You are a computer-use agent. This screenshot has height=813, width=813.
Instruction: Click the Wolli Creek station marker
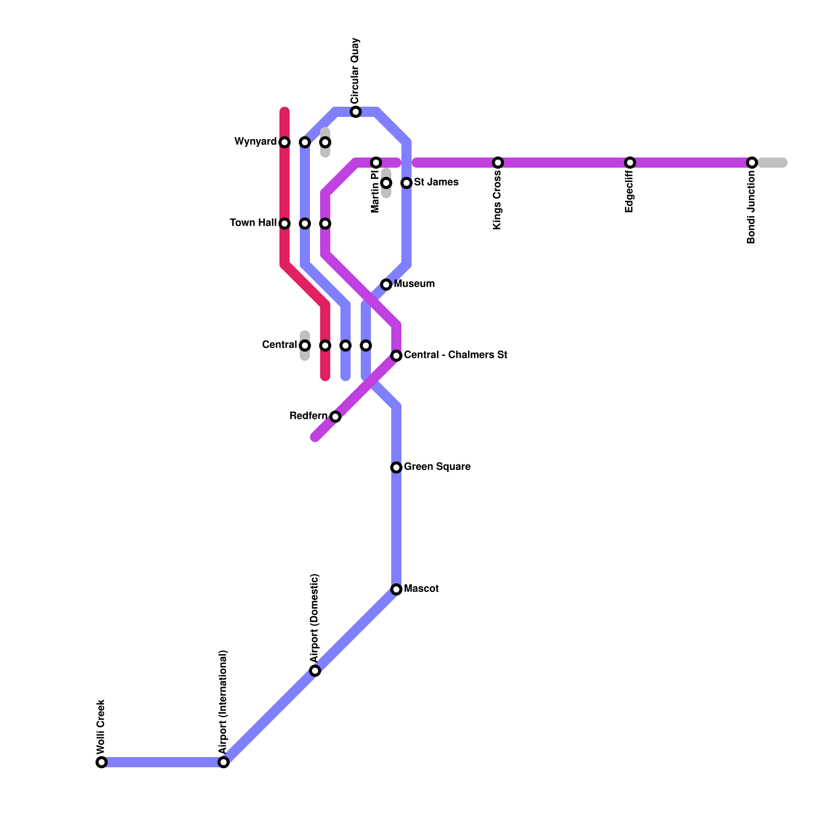(102, 762)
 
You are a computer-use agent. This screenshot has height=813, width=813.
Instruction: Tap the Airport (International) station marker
(224, 762)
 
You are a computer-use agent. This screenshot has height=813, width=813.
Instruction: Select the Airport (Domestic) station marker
(315, 671)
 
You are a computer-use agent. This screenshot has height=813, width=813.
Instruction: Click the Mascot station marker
(396, 589)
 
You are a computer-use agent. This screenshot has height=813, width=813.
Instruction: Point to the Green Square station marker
(396, 467)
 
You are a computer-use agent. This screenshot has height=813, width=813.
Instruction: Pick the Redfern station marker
(335, 417)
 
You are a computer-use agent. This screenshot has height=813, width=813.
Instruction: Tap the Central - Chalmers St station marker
(396, 356)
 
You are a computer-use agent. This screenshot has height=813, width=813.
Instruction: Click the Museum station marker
(386, 285)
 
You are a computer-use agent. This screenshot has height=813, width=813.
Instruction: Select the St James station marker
(407, 183)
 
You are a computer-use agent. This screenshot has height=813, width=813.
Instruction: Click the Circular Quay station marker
(356, 112)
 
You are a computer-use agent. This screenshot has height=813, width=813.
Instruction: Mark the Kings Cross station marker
(498, 163)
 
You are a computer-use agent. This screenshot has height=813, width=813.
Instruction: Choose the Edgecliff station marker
(630, 163)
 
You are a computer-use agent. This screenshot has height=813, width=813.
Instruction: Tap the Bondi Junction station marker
(752, 163)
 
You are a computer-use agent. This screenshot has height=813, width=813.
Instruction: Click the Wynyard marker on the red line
(285, 142)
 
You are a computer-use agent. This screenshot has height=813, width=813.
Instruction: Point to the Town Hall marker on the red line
(285, 224)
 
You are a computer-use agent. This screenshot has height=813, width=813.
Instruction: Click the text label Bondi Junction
(752, 207)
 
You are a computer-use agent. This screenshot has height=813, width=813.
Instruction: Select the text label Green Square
(437, 466)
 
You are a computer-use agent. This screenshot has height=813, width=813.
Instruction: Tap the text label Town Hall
(253, 223)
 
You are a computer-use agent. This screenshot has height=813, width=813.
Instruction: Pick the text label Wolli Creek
(101, 727)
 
